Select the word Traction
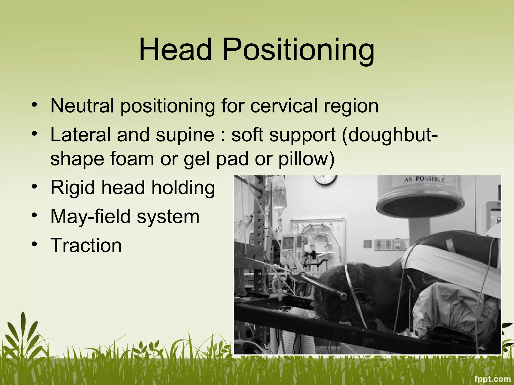pos(86,245)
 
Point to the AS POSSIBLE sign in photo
pos(424,179)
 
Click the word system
pos(168,217)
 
